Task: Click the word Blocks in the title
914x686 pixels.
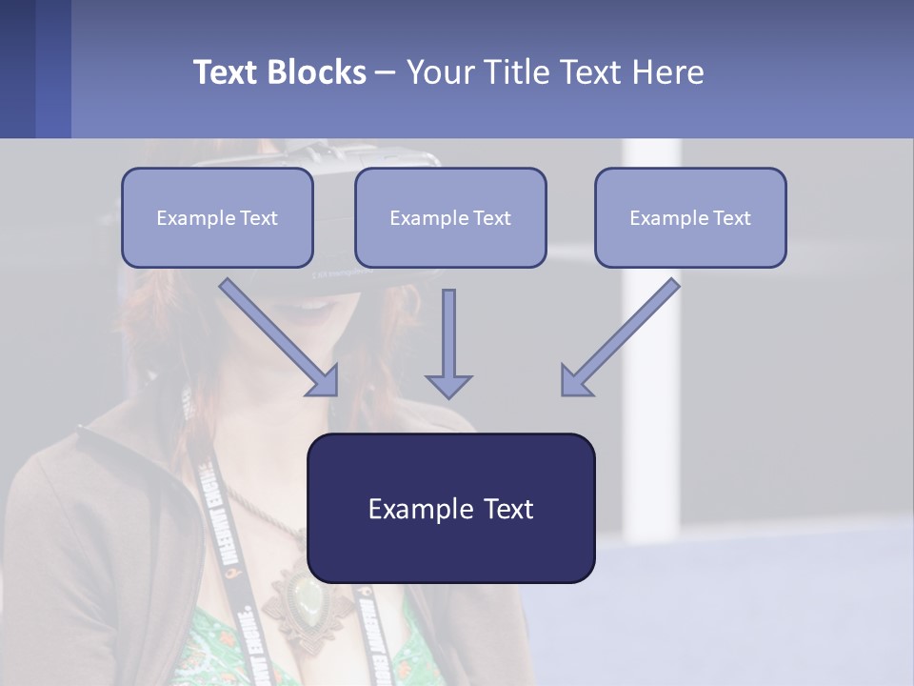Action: [x=319, y=72]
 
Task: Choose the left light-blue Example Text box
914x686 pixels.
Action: [x=217, y=217]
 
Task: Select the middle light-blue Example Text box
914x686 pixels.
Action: [x=450, y=217]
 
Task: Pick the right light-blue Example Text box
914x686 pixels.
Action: [x=690, y=217]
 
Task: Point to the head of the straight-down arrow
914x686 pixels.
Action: [x=448, y=386]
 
